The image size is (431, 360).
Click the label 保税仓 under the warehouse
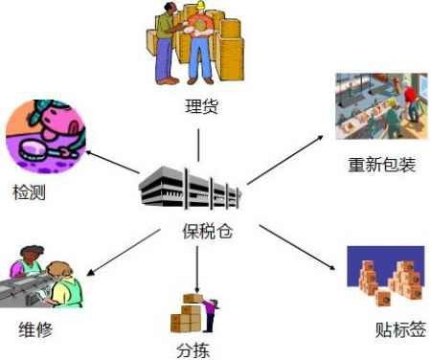click(x=206, y=231)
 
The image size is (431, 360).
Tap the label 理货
click(x=201, y=105)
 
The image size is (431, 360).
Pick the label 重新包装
click(x=382, y=166)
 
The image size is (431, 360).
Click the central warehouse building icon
click(x=193, y=189)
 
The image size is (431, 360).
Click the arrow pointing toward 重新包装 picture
click(x=287, y=157)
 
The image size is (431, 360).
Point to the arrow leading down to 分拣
click(x=196, y=268)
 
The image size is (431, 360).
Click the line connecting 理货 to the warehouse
click(x=198, y=144)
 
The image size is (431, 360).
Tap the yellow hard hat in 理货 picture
click(x=199, y=10)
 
